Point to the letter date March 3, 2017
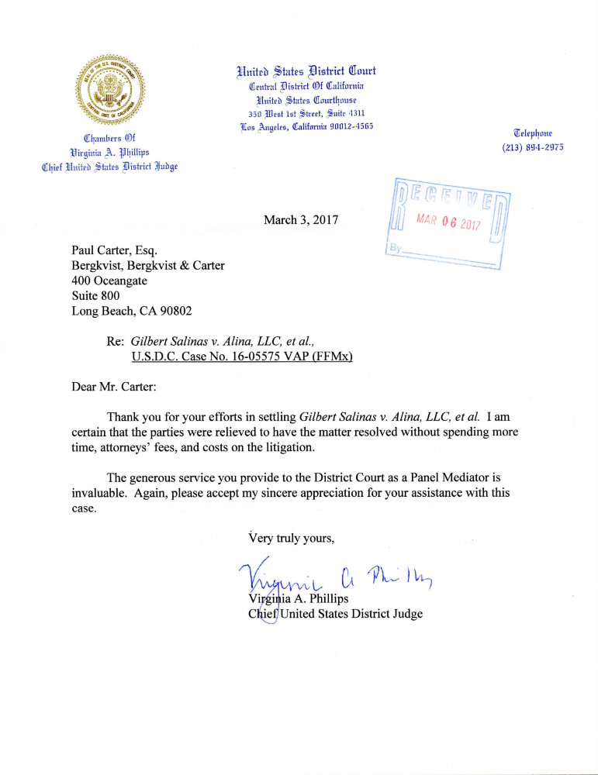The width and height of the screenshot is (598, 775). pos(302,220)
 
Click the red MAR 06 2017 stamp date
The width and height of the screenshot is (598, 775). pos(449,222)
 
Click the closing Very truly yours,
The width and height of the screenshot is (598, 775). pos(291,537)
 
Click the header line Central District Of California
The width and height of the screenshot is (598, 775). pos(306,86)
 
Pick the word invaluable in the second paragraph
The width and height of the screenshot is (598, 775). pos(98,493)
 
